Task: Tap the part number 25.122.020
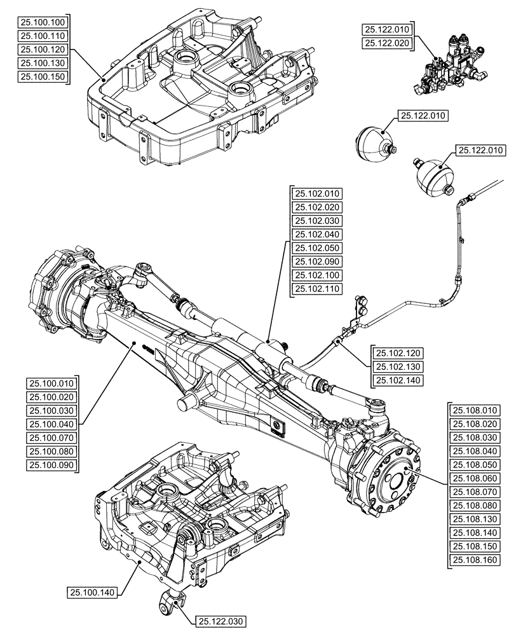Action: click(x=387, y=43)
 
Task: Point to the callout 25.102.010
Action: click(x=317, y=194)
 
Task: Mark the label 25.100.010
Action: click(x=51, y=383)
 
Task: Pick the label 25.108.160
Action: click(x=475, y=560)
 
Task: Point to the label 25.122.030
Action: click(x=221, y=621)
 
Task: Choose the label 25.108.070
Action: click(x=475, y=492)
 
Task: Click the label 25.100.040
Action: click(x=51, y=424)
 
